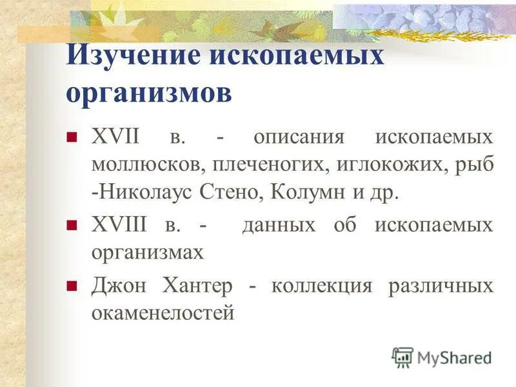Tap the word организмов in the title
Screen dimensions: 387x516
click(x=149, y=94)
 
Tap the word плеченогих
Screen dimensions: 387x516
click(x=272, y=164)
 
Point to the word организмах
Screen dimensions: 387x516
click(x=147, y=253)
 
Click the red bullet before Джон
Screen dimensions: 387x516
click(x=72, y=284)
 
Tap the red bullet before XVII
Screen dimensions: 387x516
click(x=72, y=137)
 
